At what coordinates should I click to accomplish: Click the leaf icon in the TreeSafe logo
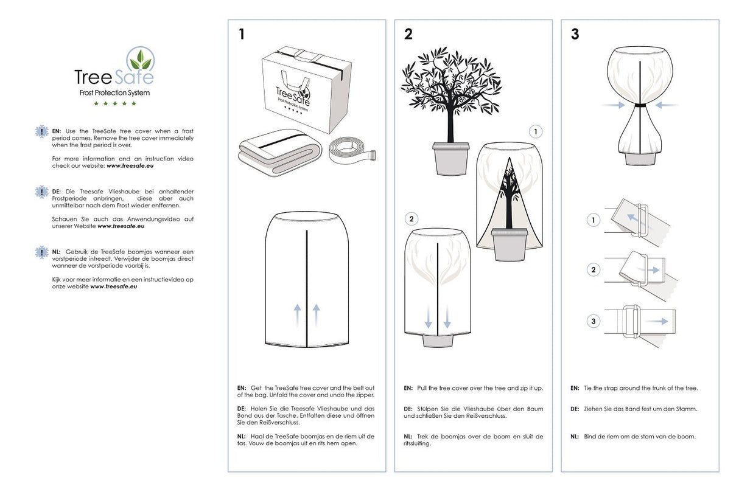141,60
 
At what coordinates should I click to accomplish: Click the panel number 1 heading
242,35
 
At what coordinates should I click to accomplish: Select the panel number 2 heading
408,35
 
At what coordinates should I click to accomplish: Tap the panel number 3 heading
575,35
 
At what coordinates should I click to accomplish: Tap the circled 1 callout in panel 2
535,131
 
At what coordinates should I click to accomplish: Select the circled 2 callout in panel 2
412,218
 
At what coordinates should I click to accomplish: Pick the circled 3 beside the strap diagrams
594,321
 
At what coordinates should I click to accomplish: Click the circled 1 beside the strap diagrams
594,221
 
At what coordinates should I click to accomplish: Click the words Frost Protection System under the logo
114,93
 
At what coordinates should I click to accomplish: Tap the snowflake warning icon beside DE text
41,192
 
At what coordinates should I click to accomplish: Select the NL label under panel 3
575,436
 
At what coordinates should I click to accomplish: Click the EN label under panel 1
242,387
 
